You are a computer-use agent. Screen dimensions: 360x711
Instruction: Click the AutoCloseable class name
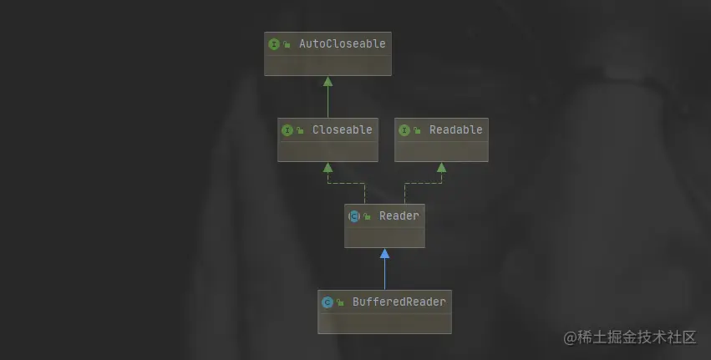[343, 43]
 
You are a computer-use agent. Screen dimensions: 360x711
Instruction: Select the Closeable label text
[343, 129]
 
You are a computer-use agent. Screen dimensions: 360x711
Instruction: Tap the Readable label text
[456, 129]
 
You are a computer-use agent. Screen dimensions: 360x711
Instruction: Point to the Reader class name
[399, 215]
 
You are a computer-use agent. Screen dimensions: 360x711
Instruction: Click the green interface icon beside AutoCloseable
[274, 44]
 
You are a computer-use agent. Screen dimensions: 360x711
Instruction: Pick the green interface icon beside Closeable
[287, 130]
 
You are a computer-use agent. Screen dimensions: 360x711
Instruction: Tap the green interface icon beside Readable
[404, 130]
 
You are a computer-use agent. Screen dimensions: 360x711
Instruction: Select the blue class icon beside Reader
[354, 216]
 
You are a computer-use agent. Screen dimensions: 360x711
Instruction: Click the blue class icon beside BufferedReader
[328, 302]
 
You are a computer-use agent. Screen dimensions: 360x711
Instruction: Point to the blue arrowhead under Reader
[384, 253]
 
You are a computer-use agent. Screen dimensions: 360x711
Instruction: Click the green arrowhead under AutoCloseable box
[328, 82]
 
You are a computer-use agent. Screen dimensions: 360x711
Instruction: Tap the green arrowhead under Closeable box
[328, 168]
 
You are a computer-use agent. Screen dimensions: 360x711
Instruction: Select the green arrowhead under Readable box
[441, 168]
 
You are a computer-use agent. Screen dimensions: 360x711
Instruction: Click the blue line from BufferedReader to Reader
[384, 274]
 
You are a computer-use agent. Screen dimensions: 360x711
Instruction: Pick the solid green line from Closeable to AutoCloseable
[328, 102]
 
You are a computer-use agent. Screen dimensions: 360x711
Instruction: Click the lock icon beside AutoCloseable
[287, 44]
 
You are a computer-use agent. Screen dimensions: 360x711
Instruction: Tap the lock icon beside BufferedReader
[340, 302]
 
